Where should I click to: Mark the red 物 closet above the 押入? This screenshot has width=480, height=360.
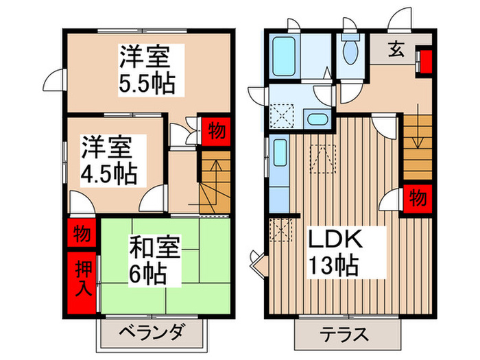tap(83, 233)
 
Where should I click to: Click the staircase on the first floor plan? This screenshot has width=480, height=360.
tap(416, 147)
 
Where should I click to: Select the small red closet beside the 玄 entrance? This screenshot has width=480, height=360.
tap(425, 60)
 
